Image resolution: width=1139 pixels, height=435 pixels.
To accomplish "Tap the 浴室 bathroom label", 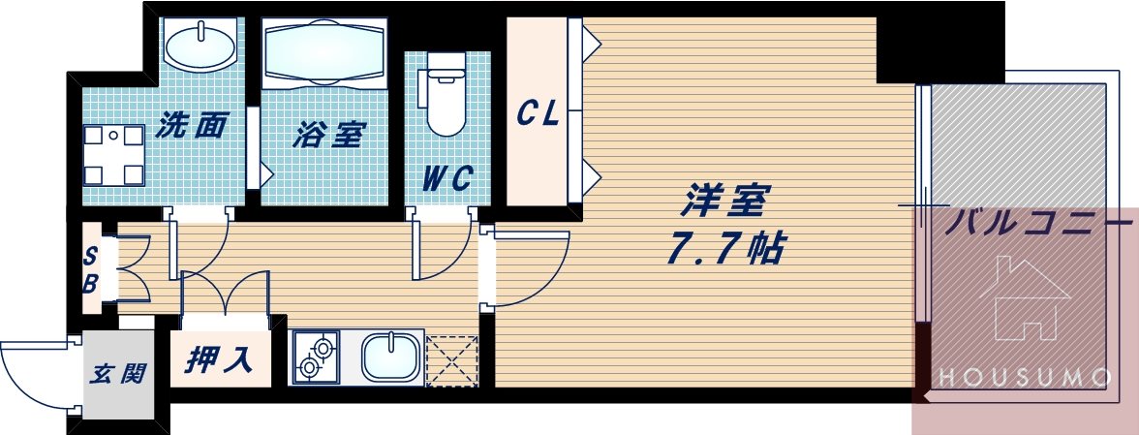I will tap(328, 134).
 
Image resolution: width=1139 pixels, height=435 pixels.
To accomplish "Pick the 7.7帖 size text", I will tap(723, 250).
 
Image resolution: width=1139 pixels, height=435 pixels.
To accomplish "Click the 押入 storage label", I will tap(220, 360).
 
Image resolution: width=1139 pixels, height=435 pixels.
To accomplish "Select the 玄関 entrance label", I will tap(118, 373).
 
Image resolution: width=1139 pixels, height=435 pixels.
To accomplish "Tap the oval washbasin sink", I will tap(199, 44).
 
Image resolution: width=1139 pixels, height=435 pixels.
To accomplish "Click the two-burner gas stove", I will tap(316, 357).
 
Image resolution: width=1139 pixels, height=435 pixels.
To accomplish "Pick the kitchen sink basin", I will tap(392, 357).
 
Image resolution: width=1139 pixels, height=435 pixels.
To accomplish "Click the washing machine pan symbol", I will tap(113, 154).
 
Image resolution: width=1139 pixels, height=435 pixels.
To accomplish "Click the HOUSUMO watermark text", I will tap(1025, 376).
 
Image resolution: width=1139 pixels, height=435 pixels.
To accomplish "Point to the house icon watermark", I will tap(1023, 300).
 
